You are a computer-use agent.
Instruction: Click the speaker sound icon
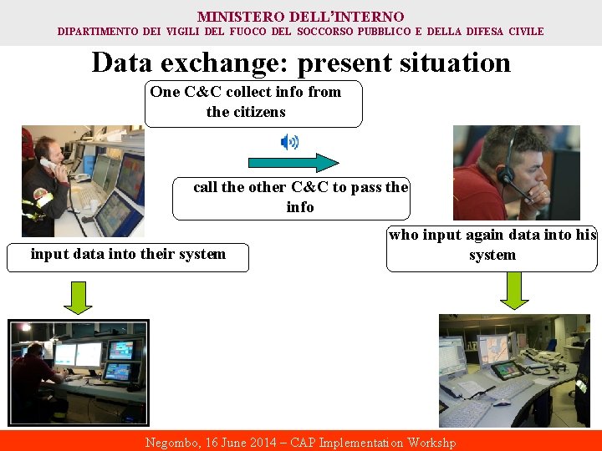[x=289, y=141]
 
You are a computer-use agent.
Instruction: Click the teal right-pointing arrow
[x=293, y=163]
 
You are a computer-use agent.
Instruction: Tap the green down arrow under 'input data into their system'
[x=78, y=296]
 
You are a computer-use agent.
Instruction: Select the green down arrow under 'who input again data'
[x=514, y=290]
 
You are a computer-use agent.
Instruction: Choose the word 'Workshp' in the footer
[x=431, y=443]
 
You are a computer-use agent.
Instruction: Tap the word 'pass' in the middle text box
[x=370, y=187]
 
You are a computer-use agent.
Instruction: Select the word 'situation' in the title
[x=443, y=63]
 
